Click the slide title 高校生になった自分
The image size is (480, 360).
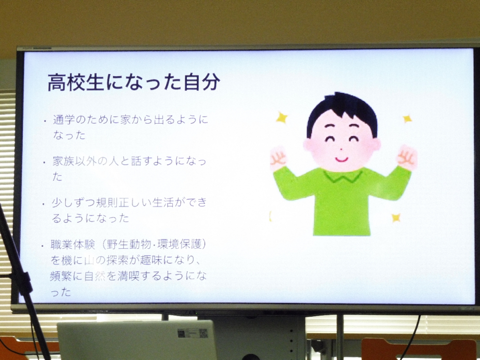[x=134, y=82]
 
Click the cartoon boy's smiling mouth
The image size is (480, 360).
[x=341, y=159]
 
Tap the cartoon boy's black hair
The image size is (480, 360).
[x=342, y=110]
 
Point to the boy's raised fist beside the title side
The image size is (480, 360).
[x=278, y=158]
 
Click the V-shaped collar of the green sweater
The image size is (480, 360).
[x=342, y=176]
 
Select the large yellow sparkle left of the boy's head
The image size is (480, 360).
[x=282, y=118]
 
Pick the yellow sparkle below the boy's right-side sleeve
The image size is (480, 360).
[x=396, y=218]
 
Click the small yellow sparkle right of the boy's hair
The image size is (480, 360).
[x=407, y=118]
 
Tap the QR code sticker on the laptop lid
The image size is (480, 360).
[x=203, y=333]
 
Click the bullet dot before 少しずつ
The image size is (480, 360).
[x=44, y=204]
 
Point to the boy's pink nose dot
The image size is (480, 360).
[x=341, y=149]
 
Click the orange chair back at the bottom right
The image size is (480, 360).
[x=419, y=349]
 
